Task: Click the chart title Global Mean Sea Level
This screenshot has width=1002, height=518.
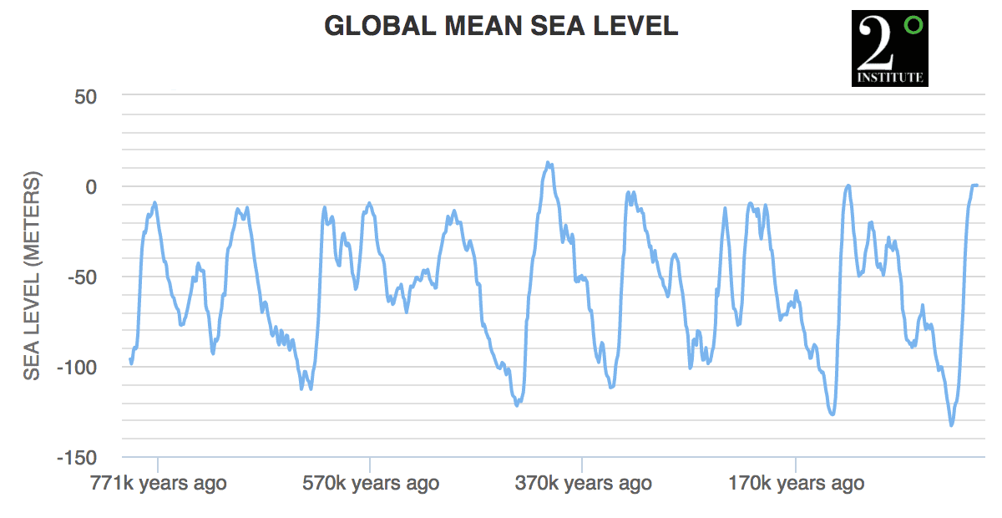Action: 501,26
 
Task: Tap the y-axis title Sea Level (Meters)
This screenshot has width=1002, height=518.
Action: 32,277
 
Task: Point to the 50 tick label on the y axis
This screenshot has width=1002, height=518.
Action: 86,96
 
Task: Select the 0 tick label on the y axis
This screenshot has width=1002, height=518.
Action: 91,186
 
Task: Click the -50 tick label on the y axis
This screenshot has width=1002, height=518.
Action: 81,277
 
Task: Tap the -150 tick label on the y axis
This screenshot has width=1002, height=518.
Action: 76,457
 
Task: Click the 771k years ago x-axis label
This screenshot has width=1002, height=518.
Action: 157,483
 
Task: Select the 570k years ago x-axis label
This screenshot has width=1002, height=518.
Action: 370,483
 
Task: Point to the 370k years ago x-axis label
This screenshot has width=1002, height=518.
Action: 583,483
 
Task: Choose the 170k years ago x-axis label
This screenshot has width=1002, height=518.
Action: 796,483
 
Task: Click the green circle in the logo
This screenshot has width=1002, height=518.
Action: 913,25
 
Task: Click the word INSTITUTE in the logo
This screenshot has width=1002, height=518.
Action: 889,78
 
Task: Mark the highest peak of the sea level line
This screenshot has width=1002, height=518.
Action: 548,163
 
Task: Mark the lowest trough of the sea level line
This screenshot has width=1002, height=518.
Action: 951,425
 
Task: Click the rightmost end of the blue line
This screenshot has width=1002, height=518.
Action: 976,185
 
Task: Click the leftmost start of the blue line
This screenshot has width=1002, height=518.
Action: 130,359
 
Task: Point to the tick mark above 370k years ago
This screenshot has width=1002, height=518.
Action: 582,463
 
